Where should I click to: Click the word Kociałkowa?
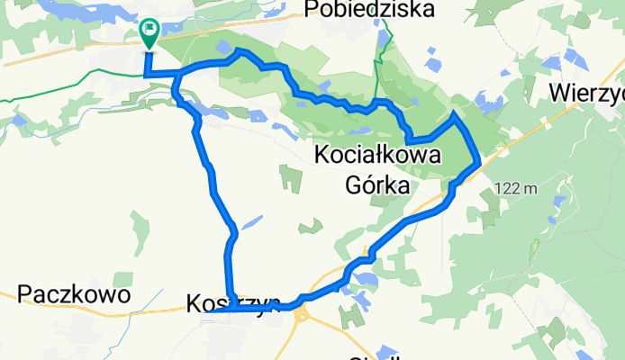(x=379, y=156)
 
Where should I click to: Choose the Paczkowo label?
(x=74, y=294)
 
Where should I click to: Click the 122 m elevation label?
(x=516, y=188)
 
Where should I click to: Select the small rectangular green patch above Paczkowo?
(x=139, y=230)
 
